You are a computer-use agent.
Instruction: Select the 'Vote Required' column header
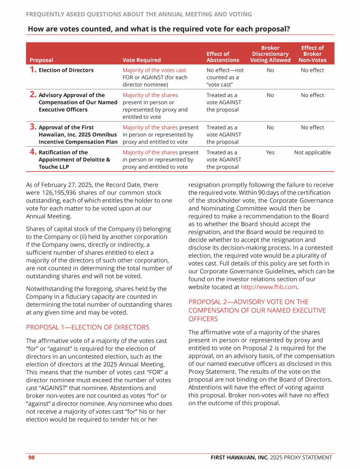[142, 60]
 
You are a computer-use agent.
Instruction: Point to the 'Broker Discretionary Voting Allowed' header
[270, 54]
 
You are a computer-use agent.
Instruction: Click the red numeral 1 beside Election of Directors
[32, 70]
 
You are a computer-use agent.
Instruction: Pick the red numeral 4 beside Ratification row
[33, 152]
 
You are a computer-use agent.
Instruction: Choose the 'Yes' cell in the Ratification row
[270, 152]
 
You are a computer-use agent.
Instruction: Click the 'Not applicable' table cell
[312, 152]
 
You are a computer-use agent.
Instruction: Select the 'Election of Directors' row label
[66, 70]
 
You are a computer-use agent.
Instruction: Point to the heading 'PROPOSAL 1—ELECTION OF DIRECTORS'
[88, 327]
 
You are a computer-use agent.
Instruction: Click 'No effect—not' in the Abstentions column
[225, 70]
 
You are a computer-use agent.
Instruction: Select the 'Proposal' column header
[41, 60]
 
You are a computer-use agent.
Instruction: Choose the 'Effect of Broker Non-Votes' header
[312, 54]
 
